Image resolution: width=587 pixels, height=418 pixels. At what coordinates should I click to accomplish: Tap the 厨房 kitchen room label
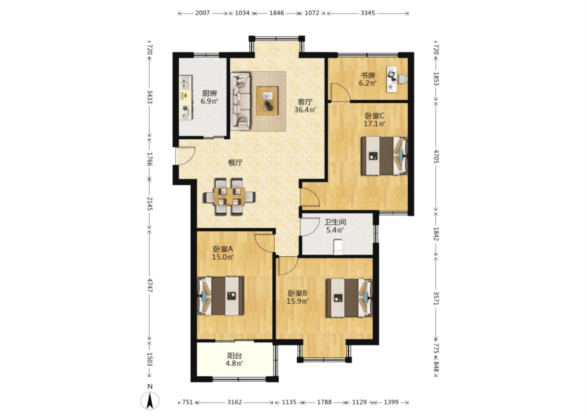210,93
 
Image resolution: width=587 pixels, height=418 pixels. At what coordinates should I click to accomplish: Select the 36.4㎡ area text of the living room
305,110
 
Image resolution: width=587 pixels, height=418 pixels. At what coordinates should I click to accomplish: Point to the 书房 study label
368,75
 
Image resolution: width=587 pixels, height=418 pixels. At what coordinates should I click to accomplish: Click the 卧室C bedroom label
375,116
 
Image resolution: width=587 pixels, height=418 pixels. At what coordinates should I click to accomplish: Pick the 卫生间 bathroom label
335,222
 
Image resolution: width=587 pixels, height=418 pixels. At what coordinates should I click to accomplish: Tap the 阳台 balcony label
234,356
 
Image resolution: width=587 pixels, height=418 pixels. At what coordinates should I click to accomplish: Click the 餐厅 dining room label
235,163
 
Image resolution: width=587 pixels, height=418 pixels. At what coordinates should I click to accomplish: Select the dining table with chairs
229,196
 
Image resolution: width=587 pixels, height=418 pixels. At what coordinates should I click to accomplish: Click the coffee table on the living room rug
267,101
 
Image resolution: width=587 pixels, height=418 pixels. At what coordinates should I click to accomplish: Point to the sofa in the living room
241,101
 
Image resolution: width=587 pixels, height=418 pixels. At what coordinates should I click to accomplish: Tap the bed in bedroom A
221,296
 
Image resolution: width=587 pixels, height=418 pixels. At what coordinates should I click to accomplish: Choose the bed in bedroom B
349,298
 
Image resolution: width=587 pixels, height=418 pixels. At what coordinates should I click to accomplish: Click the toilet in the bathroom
338,247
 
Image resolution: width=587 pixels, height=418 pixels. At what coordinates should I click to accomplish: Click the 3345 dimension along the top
368,13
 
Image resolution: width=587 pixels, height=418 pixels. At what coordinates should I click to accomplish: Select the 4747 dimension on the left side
150,285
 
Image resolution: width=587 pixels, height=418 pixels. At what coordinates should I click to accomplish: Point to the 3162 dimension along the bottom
234,402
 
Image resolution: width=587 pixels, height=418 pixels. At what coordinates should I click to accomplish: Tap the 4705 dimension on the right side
436,156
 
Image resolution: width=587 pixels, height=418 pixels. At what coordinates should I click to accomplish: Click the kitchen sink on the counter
185,82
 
